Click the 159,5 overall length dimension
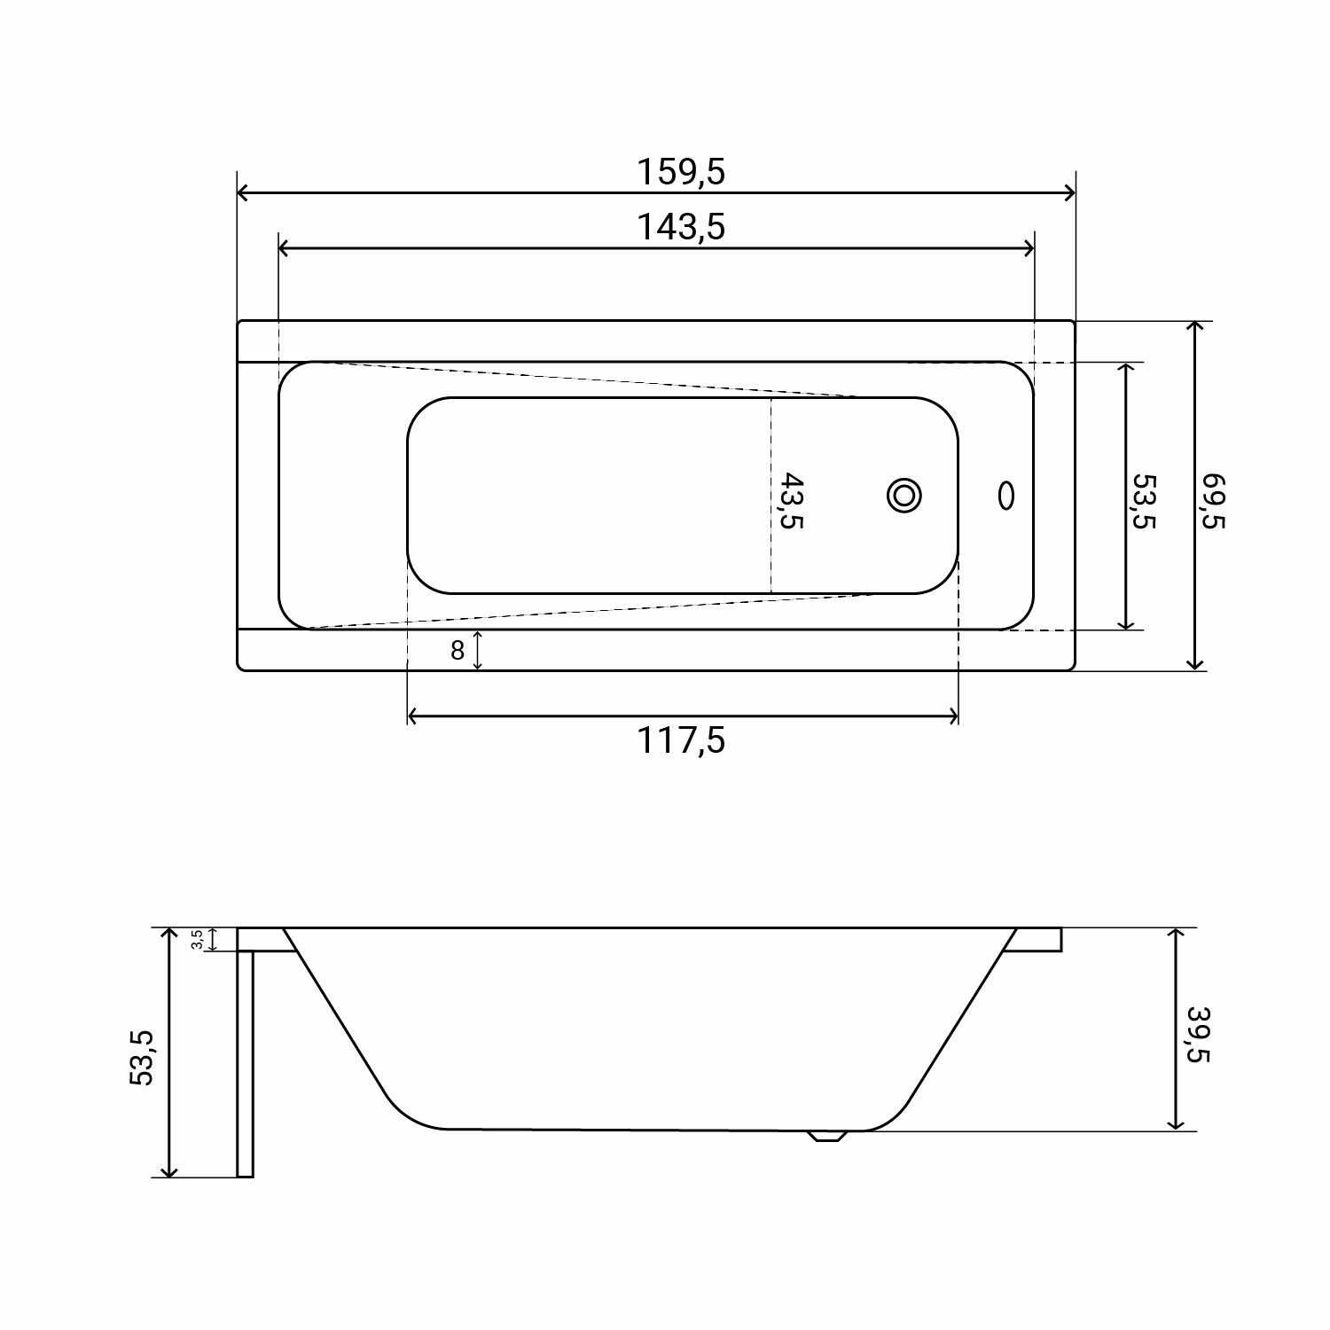tap(681, 171)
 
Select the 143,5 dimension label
tap(681, 227)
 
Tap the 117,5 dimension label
tap(681, 739)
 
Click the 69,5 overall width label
tap(1213, 501)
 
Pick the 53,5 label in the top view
tap(1145, 501)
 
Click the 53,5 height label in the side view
tap(142, 1057)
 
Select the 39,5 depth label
tap(1198, 1034)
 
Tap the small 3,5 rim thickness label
tap(198, 939)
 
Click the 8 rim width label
tap(458, 651)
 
